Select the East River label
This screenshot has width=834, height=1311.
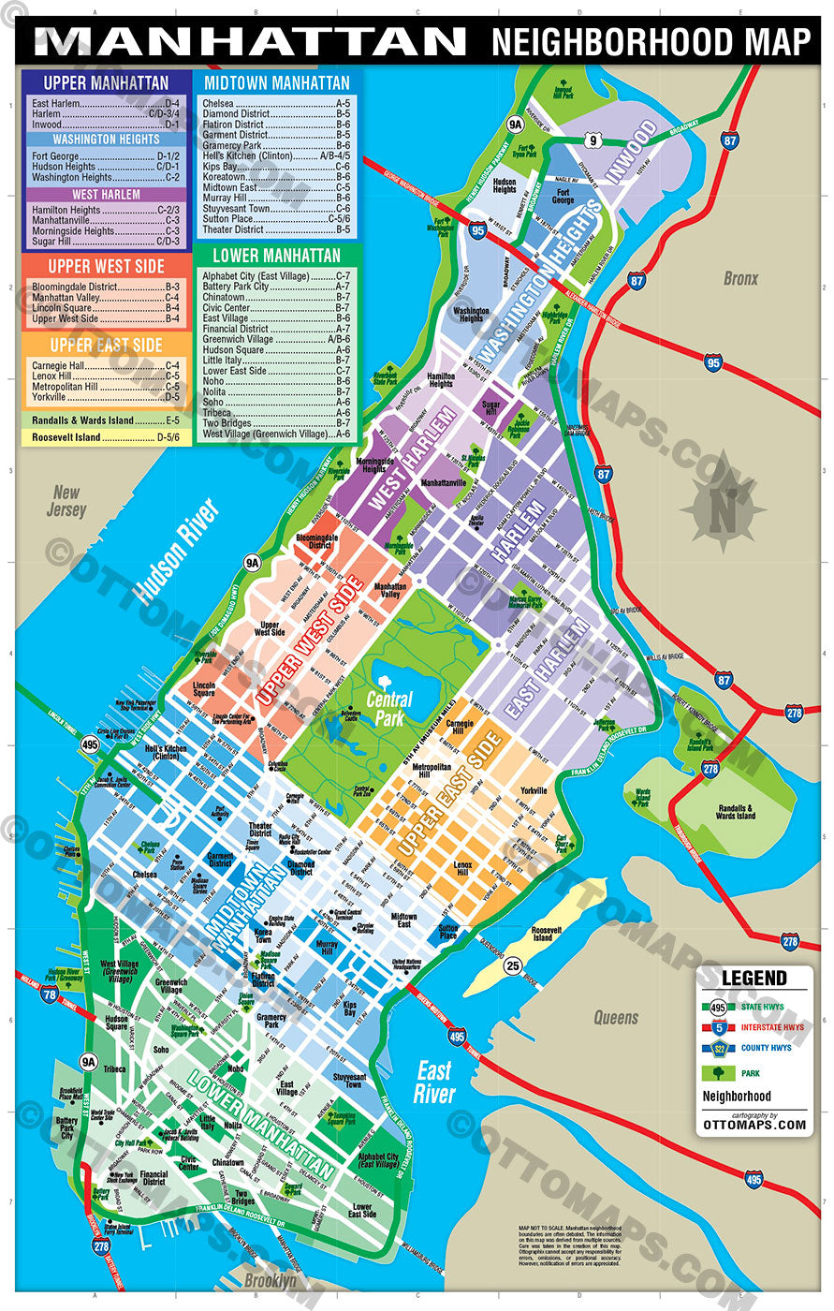coord(434,1082)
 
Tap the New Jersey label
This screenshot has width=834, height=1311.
coord(66,502)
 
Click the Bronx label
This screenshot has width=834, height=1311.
coord(739,279)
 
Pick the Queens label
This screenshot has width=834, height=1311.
coord(615,1018)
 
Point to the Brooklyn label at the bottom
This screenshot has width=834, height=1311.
coord(270,1279)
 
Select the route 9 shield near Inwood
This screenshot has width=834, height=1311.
coord(592,141)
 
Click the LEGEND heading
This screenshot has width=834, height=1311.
coord(754,979)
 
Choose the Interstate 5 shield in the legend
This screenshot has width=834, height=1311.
coord(717,1027)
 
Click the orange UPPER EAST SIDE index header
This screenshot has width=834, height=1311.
coord(105,346)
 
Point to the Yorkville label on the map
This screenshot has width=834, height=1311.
coord(534,790)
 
